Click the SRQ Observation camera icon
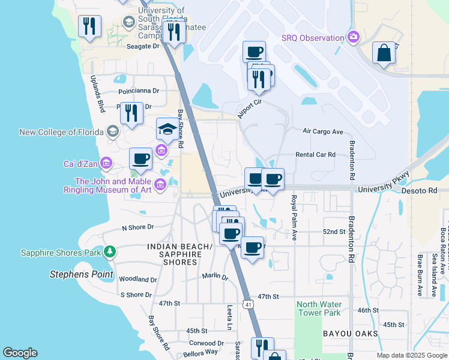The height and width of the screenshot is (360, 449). click(x=353, y=38)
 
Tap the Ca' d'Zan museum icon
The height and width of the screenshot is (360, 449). click(x=106, y=163)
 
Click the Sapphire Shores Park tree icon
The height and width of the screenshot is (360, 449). click(x=109, y=251)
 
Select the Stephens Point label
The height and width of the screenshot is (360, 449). click(x=81, y=275)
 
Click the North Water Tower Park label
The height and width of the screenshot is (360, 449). click(x=318, y=308)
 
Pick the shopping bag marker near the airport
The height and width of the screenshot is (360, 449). click(x=384, y=52)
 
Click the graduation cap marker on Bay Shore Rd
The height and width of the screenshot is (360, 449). click(x=168, y=128)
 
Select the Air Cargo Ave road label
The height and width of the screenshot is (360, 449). click(x=322, y=131)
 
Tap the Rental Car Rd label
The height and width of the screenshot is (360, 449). click(x=315, y=155)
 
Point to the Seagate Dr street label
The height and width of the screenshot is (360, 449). click(x=143, y=46)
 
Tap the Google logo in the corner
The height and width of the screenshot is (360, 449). click(x=20, y=353)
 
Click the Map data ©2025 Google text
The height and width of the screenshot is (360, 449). click(x=411, y=356)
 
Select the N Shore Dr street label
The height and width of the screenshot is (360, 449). click(x=138, y=227)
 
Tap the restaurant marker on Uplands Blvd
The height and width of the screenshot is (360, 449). click(x=89, y=26)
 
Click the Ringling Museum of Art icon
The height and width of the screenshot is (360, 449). click(x=160, y=184)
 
